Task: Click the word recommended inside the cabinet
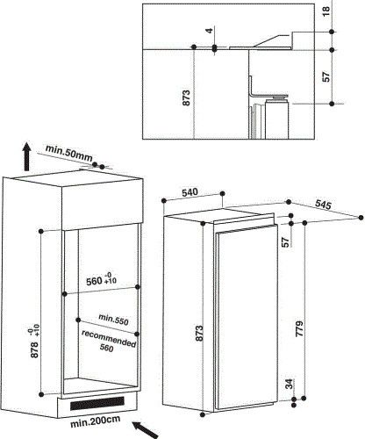click(x=109, y=335)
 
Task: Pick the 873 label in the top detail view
click(x=187, y=97)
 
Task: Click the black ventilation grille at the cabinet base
click(x=97, y=405)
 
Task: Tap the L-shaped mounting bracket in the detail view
click(x=254, y=89)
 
